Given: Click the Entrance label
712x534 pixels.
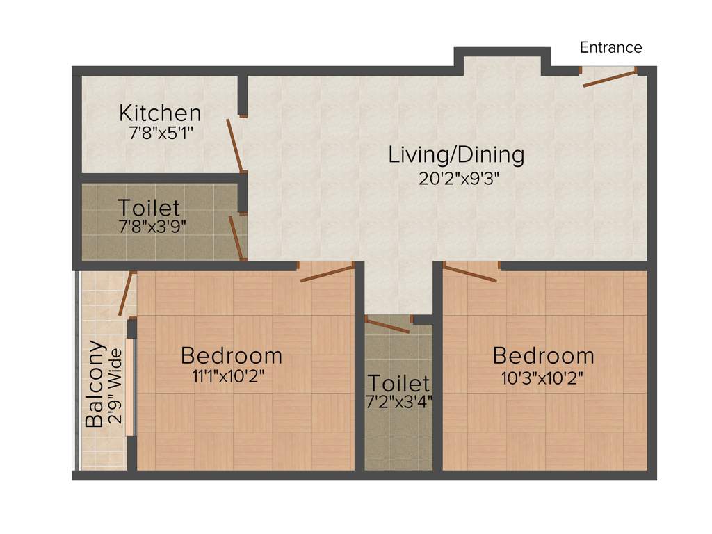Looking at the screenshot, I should point(611,47).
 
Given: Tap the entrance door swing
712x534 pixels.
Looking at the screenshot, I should point(609,78).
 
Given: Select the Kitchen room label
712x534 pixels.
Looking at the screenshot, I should point(160,113).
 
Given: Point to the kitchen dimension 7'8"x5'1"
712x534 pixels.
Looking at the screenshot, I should point(160,133).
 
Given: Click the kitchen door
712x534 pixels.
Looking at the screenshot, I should point(234,145).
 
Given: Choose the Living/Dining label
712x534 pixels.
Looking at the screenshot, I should point(456,154).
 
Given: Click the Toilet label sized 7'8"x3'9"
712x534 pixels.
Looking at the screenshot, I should point(149,207).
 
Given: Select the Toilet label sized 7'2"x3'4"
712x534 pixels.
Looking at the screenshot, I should point(398,382).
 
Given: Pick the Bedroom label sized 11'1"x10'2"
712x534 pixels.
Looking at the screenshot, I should point(232,355).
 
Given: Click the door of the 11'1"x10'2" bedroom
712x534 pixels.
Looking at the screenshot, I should point(327,273).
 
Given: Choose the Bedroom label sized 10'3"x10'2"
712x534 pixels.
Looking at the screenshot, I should point(543,355).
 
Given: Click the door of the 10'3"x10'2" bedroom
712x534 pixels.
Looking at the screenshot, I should point(470,273).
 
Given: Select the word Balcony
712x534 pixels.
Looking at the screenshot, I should point(95,384).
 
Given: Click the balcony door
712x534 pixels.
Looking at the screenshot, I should point(125,293).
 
